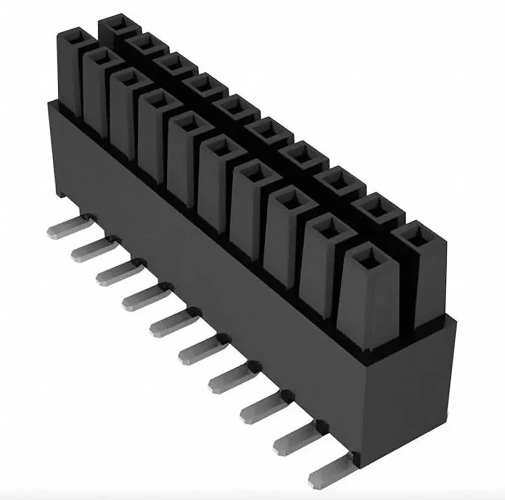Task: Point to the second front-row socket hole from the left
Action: point(102,58)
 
